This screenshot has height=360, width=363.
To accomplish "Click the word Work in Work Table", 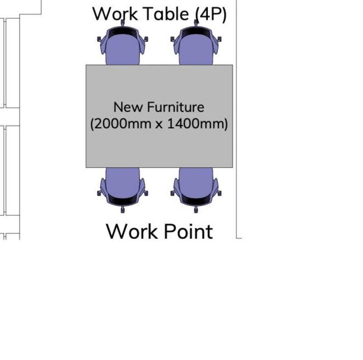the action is [x=115, y=14].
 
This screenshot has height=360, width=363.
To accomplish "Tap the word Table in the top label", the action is [x=166, y=14].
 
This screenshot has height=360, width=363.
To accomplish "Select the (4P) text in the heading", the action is [x=211, y=15].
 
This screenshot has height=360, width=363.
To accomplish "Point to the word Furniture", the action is [x=176, y=107].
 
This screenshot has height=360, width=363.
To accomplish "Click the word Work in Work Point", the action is [x=132, y=232].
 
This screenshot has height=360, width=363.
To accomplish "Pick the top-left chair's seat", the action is [x=123, y=50].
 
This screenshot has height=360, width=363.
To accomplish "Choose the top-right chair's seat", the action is [x=196, y=50].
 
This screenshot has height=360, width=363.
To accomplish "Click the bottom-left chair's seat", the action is [x=123, y=182].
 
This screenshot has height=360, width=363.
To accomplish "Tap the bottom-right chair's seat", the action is [x=196, y=182].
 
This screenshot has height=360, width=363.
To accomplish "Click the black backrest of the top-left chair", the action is [x=123, y=32].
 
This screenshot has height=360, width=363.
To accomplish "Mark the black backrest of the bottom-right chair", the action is [x=196, y=200].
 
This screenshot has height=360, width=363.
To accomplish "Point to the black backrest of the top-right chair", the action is [x=196, y=32].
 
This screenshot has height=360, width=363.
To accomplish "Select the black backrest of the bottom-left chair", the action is [x=123, y=200].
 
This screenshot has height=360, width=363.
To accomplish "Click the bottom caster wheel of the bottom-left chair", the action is [x=123, y=210].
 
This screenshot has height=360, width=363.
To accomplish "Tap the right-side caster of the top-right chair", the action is [x=219, y=39].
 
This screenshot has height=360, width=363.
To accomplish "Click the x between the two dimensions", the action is [x=159, y=125].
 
